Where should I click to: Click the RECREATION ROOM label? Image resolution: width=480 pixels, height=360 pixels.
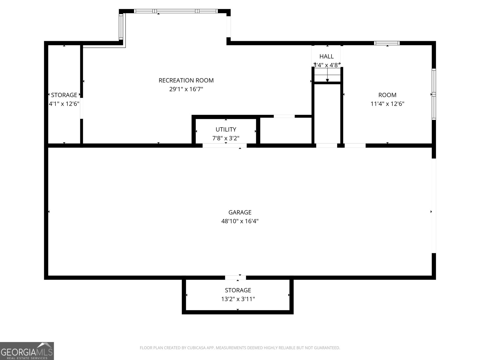(186, 80)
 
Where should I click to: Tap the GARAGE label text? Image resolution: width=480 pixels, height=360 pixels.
(240, 212)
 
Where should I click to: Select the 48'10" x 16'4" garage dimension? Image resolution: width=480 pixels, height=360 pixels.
(240, 221)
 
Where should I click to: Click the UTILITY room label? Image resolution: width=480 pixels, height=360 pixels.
(226, 129)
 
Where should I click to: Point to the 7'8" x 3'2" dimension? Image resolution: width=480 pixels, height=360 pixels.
(226, 138)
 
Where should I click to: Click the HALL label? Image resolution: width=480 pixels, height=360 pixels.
(326, 56)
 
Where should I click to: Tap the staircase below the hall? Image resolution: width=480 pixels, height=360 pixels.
(327, 75)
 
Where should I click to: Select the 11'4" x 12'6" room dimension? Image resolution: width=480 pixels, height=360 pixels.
(387, 103)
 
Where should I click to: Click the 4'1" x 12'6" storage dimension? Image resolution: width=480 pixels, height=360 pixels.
(64, 103)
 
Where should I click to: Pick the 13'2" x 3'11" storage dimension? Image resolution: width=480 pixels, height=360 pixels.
(238, 299)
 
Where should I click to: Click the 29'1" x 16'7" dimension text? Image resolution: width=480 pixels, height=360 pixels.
(186, 89)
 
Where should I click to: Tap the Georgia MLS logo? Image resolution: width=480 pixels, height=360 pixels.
(27, 351)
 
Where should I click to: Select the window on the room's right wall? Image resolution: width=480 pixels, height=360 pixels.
(433, 94)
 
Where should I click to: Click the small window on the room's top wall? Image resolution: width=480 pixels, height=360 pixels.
(387, 43)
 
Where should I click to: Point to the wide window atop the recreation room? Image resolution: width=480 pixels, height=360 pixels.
(176, 11)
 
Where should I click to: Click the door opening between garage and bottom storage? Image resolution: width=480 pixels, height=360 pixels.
(235, 277)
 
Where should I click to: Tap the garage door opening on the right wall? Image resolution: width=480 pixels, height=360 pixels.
(433, 206)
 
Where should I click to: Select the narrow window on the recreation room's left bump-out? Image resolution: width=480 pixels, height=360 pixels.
(121, 27)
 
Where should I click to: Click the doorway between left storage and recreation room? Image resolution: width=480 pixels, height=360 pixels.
(81, 108)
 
